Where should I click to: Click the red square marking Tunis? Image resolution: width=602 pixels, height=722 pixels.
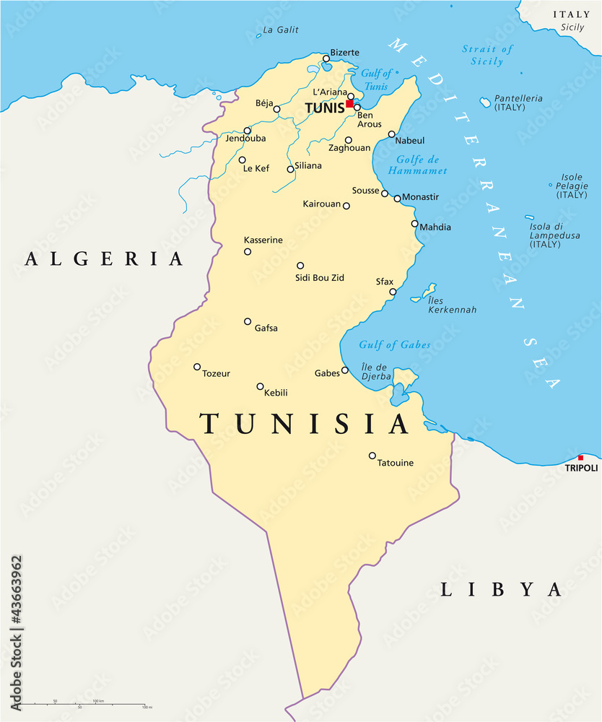[x=349, y=104]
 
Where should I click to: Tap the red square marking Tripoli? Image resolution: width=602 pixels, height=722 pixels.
[x=580, y=458]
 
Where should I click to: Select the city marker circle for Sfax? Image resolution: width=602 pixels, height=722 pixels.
[x=393, y=292]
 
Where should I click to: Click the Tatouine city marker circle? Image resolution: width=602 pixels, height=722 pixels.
[x=372, y=456]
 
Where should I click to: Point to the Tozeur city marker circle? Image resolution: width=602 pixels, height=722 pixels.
[x=197, y=367]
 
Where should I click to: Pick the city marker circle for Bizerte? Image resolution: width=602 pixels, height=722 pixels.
[x=326, y=60]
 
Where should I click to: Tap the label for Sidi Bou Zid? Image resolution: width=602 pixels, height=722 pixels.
[x=318, y=277]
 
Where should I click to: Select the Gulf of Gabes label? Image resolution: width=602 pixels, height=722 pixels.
[x=395, y=345]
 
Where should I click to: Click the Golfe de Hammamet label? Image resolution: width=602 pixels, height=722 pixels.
[x=417, y=165]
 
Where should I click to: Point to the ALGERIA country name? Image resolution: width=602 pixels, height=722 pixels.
[x=104, y=259]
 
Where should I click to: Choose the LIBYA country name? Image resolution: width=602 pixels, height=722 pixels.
[x=501, y=590]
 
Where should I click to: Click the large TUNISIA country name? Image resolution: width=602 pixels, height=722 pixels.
[x=305, y=424]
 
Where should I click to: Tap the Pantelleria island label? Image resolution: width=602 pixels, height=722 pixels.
[x=518, y=102]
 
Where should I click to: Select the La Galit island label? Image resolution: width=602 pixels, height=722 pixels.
[x=281, y=30]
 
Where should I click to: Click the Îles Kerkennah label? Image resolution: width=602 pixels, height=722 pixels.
[x=452, y=305]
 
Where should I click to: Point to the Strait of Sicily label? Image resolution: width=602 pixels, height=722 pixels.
[x=487, y=55]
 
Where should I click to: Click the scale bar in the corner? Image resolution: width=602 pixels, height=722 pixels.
[x=83, y=705]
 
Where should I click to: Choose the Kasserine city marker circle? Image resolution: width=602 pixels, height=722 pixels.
[x=248, y=252]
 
